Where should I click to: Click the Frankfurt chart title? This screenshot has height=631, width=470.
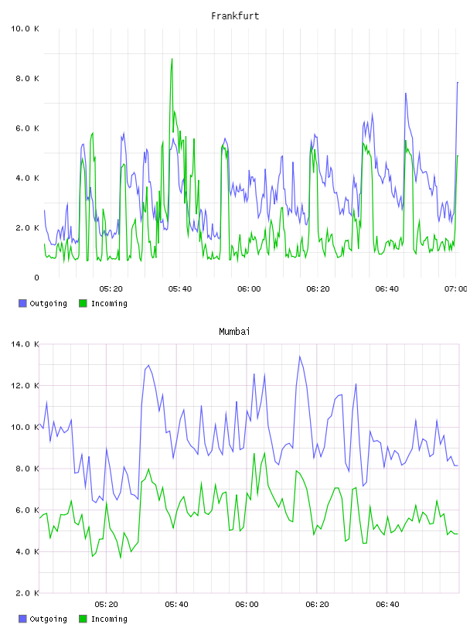point(235,16)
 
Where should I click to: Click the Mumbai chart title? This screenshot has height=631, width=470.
point(234,332)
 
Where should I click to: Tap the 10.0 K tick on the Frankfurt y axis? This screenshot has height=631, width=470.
point(25,29)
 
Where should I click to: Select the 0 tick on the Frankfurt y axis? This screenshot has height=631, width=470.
point(36,278)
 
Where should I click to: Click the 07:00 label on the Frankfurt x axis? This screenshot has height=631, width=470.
point(455,289)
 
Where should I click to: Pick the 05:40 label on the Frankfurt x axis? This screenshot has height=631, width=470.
point(180,289)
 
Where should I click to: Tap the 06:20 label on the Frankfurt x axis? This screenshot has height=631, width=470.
point(318,289)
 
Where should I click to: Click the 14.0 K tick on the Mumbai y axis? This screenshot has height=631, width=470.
point(25,344)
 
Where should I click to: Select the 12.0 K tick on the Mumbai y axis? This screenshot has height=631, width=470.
point(25,386)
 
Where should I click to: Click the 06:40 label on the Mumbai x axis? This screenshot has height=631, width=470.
point(387,605)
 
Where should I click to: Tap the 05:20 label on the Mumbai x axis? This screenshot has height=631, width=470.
point(106,605)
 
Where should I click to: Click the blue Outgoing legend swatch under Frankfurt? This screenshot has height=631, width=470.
point(22,303)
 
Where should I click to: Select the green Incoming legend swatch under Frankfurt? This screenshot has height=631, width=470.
point(83,303)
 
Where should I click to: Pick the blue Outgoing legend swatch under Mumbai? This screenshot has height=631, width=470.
point(22,619)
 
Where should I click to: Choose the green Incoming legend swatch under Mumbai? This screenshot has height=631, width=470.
point(83,619)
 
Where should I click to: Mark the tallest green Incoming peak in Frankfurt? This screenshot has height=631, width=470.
point(172,59)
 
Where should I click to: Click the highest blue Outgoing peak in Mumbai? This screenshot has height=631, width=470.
point(299,357)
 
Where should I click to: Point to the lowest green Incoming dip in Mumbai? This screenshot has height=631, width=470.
point(121,558)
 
